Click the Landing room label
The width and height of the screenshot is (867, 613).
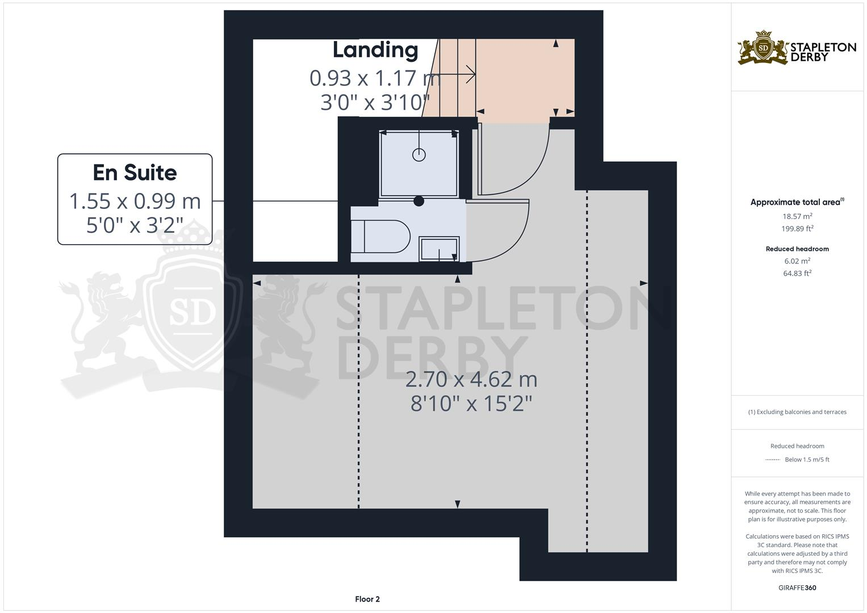pos(375,50)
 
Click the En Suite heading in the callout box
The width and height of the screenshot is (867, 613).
pos(135,173)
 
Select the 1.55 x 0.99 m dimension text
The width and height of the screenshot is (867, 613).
pos(135,201)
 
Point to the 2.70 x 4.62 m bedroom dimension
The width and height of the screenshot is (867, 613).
pos(471,379)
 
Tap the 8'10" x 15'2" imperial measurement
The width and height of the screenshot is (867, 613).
pos(471,404)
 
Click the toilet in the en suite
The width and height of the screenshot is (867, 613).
pos(380,236)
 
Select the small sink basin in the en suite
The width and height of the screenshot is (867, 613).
pos(439,249)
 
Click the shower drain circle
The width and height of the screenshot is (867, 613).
pos(419,154)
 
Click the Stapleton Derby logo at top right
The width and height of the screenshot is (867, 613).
pos(797,48)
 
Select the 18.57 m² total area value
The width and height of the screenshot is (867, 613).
pos(797,216)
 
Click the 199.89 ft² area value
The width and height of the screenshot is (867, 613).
pos(797,229)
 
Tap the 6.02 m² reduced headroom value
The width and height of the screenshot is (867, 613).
pos(797,261)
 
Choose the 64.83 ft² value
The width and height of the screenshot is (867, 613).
pos(797,274)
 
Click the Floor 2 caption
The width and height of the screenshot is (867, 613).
pos(367,599)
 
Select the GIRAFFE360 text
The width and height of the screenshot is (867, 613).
pos(797,587)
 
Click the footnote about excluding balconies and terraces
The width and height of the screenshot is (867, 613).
pos(797,412)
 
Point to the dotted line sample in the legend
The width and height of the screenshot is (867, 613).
pos(773,460)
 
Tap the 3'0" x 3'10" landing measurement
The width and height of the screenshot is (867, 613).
pos(375,103)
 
